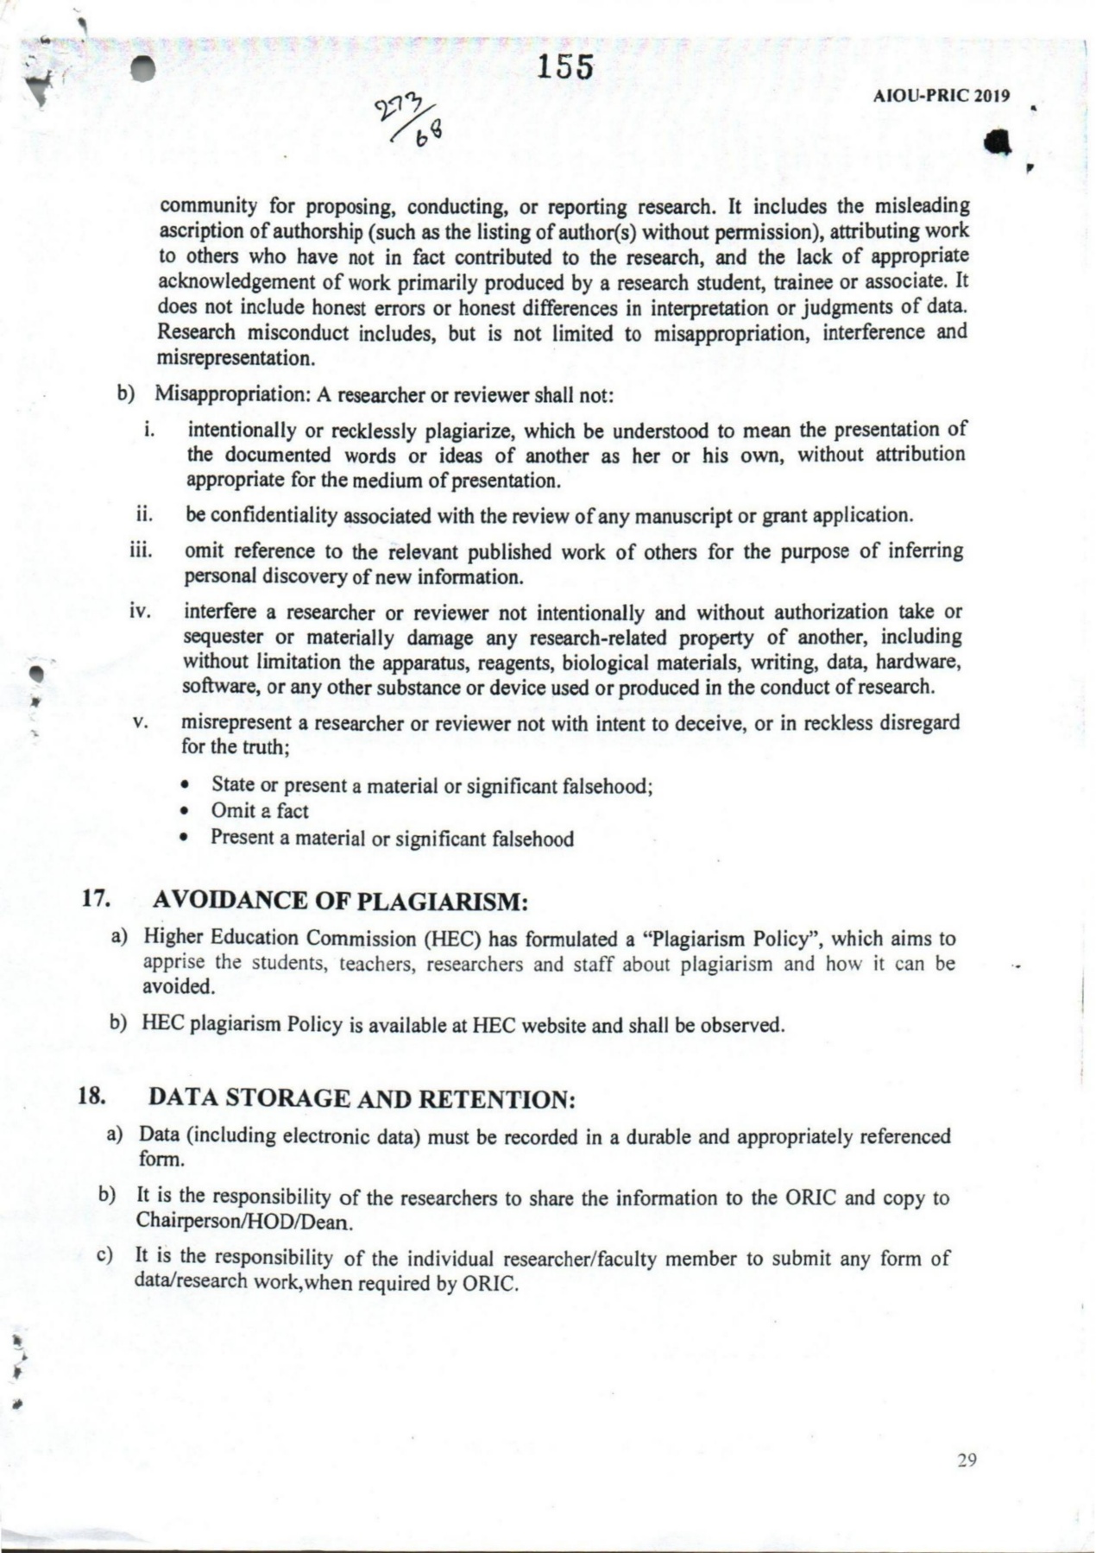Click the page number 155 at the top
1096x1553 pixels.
(565, 66)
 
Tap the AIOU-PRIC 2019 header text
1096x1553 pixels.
(942, 97)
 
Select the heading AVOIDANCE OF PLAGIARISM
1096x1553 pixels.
(339, 902)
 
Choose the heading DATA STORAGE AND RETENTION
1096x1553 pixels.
(362, 1099)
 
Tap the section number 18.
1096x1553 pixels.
(92, 1097)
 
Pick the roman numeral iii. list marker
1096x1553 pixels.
(141, 550)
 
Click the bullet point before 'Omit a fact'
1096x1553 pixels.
(184, 811)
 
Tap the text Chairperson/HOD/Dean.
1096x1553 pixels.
(245, 1222)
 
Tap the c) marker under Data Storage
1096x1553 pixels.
(106, 1256)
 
